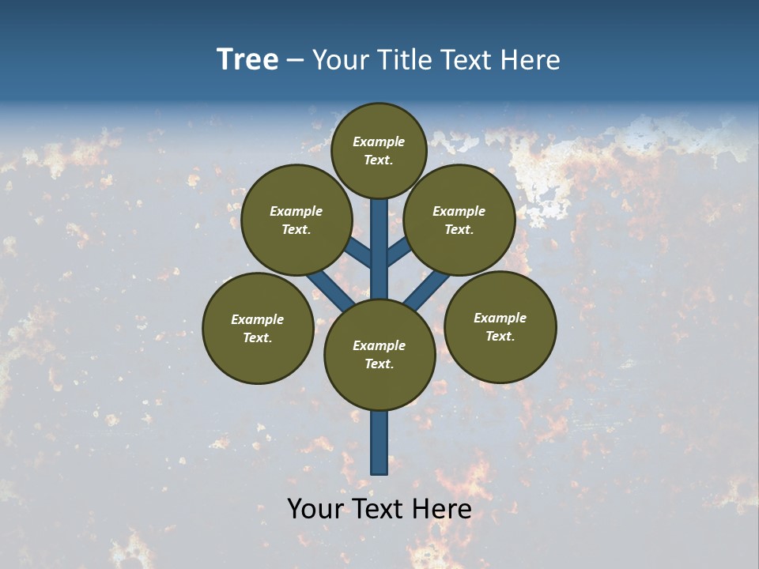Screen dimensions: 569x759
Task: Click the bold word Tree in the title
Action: [247, 60]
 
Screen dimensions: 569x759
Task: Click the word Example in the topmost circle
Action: [379, 142]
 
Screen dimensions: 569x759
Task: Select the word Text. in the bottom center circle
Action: [379, 364]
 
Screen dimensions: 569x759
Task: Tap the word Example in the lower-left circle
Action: [257, 320]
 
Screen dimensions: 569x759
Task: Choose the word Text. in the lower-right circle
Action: [500, 337]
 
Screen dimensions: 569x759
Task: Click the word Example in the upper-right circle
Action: [459, 212]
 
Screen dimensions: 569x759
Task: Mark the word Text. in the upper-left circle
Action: [296, 230]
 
